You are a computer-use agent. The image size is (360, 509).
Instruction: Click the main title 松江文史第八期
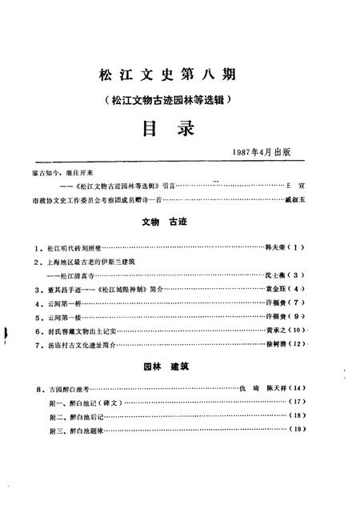tap(179, 77)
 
